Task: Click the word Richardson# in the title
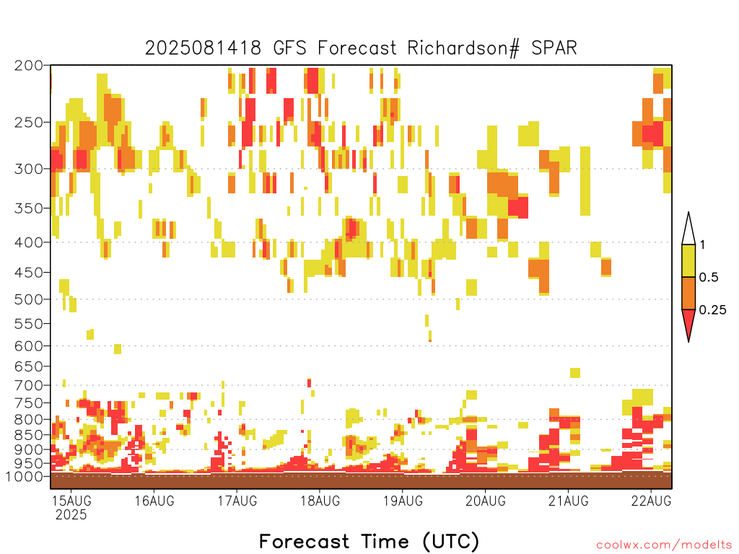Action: coord(463,48)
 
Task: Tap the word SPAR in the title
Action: coord(554,48)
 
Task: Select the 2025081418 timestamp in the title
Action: coord(203,48)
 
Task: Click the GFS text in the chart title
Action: coord(289,48)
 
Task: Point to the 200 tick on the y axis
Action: coord(29,66)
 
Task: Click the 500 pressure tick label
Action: coord(29,299)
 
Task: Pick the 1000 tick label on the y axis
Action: coord(25,477)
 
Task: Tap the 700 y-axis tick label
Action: coord(29,385)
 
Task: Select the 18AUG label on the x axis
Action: coord(320,501)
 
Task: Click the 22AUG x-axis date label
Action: coord(652,501)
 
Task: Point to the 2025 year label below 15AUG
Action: coord(71,515)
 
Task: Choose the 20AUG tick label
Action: coord(486,501)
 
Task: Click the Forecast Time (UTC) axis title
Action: coord(369,541)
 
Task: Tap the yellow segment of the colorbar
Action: coord(688,260)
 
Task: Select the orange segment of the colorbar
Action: coord(688,293)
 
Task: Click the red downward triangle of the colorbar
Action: coord(688,322)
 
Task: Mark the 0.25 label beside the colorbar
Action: coord(712,310)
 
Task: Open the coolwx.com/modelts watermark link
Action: coord(665,545)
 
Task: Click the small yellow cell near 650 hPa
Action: coord(575,373)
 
